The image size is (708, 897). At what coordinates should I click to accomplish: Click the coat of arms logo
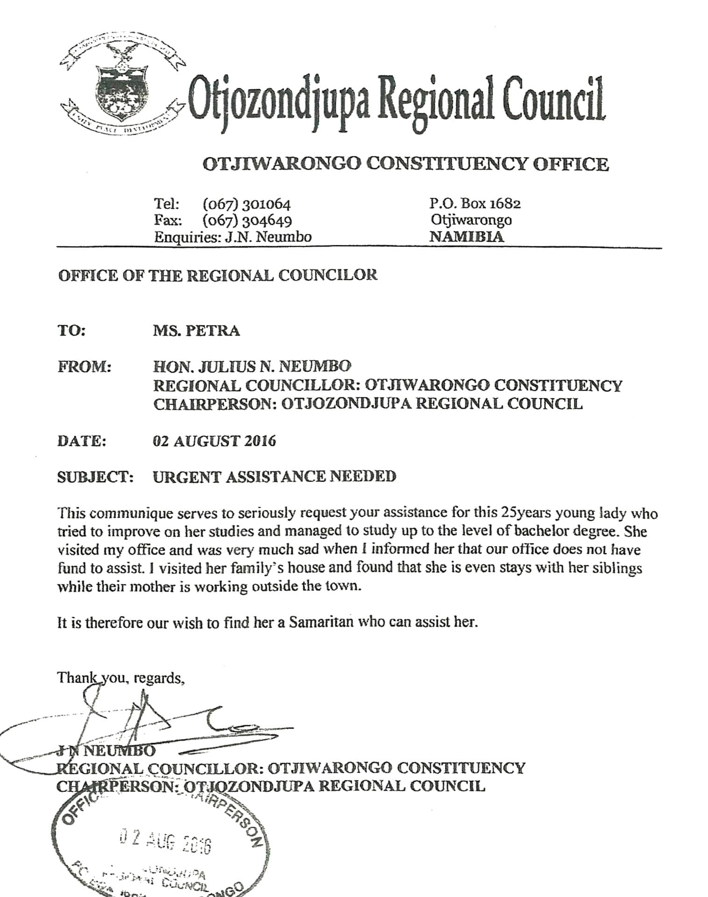[123, 87]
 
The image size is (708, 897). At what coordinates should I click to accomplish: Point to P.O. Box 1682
[475, 203]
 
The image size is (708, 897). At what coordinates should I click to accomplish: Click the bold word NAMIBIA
[467, 236]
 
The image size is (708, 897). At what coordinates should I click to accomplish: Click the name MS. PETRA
[196, 331]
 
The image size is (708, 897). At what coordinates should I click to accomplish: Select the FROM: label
[85, 367]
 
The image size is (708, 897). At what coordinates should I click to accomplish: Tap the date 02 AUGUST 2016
[214, 441]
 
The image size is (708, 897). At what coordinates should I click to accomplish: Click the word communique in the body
[129, 513]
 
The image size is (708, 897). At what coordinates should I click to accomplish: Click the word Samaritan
[321, 622]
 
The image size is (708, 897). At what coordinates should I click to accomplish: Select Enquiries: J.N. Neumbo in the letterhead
[233, 237]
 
